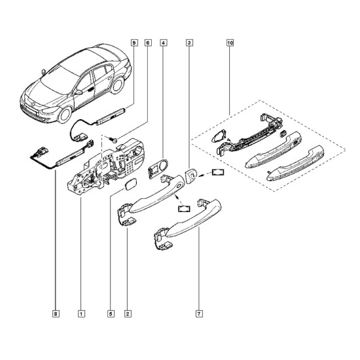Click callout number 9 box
(x=134, y=43)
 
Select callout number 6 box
(x=148, y=43)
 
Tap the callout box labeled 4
(x=163, y=43)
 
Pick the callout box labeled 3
(x=189, y=43)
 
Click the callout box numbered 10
(x=230, y=43)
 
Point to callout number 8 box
(x=56, y=314)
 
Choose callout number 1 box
(x=81, y=314)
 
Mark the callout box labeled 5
(x=111, y=314)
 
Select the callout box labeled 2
(x=128, y=314)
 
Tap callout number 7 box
(x=199, y=314)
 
